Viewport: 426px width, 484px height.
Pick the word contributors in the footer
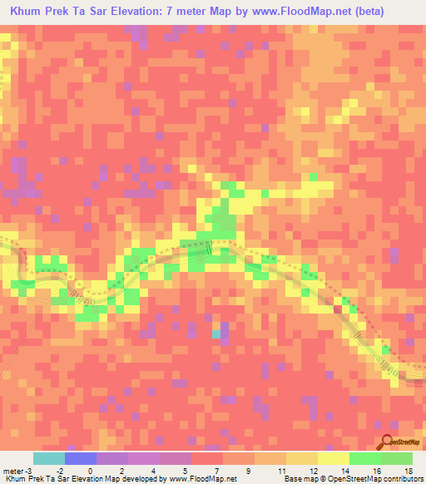[x=400, y=479]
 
